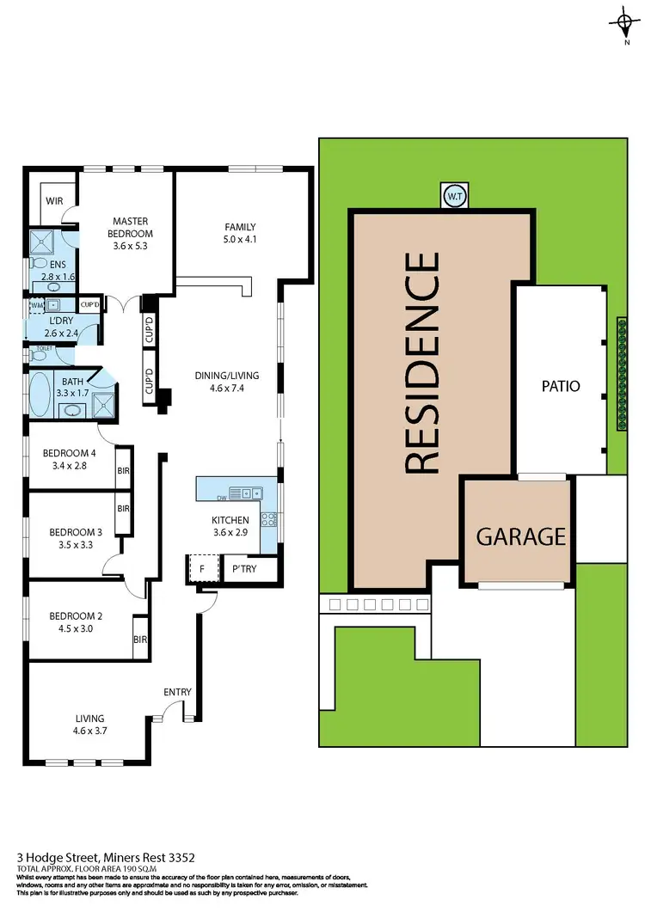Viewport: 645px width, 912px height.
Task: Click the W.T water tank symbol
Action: click(x=453, y=196)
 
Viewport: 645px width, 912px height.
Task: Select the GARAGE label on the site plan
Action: click(x=521, y=536)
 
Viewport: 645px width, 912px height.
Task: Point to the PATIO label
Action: click(x=562, y=386)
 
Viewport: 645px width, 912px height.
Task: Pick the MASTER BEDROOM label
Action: click(x=131, y=227)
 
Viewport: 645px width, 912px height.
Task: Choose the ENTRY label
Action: click(x=177, y=693)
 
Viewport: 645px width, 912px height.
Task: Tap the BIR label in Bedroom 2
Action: click(x=139, y=640)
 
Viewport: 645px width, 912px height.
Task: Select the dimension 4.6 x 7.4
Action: click(x=228, y=388)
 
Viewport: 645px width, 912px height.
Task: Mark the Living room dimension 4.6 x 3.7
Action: click(x=89, y=731)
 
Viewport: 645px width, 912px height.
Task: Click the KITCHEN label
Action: click(x=230, y=520)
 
